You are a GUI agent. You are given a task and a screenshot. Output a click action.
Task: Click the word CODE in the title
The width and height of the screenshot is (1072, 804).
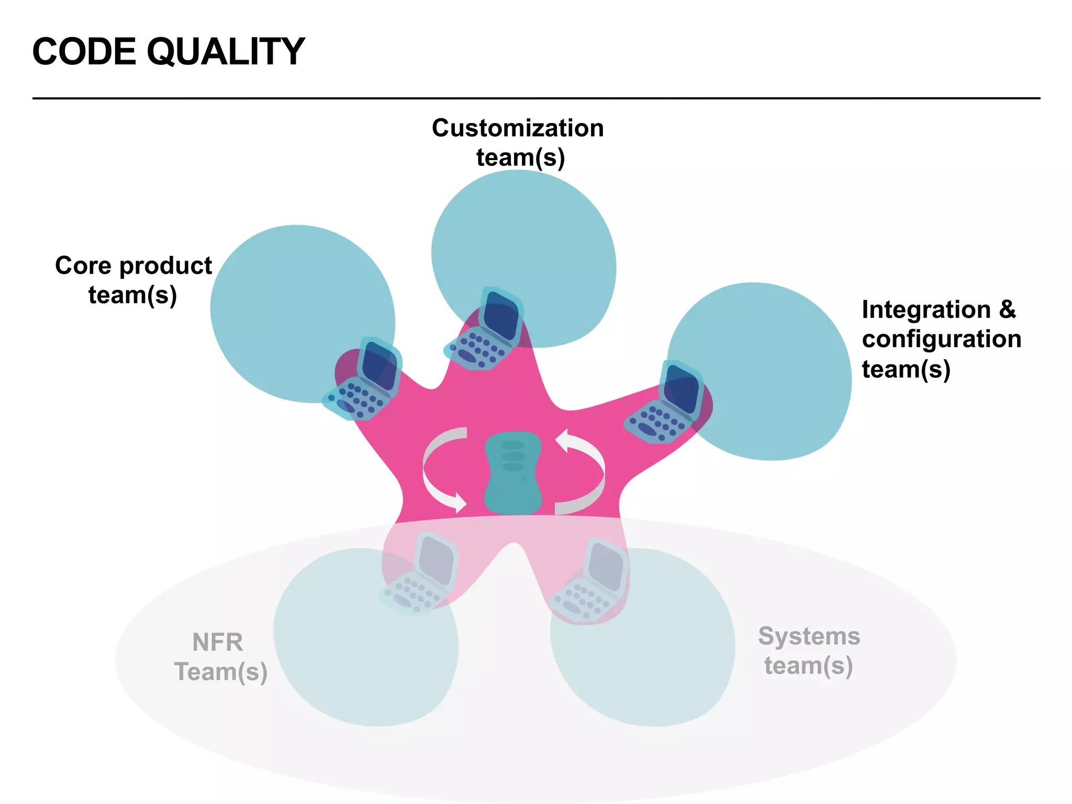pos(84,52)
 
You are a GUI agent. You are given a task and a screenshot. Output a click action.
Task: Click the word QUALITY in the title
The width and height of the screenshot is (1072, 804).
pos(226,52)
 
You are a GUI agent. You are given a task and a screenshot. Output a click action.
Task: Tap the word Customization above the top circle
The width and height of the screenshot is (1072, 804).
pos(517,128)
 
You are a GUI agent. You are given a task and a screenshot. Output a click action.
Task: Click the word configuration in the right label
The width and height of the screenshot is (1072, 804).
pos(941,339)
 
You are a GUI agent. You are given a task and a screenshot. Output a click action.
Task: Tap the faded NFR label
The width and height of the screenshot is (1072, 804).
pos(217,642)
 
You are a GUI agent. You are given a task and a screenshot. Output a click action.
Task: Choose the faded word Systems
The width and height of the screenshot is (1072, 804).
pos(809,636)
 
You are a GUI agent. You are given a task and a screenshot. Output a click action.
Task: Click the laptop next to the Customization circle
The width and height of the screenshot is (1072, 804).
pos(484,330)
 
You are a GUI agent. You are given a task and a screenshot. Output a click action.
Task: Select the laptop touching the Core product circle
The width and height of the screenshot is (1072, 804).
pos(363,379)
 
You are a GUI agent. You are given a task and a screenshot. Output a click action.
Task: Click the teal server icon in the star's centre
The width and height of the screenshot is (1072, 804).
pos(512,473)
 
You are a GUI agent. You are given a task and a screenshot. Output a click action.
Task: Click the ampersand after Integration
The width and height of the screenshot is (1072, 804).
pos(1007,309)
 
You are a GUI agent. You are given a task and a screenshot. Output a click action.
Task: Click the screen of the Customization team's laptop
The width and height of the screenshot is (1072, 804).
pos(501,315)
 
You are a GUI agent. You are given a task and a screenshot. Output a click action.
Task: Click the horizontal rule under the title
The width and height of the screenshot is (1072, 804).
pos(536,98)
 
